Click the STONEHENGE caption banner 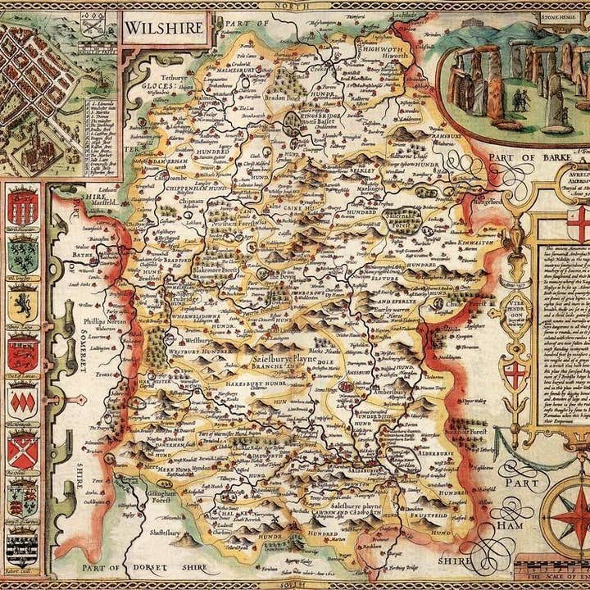pos(558,14)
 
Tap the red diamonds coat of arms pos(22,401)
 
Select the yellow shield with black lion pos(22,304)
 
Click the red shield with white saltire pos(22,450)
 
